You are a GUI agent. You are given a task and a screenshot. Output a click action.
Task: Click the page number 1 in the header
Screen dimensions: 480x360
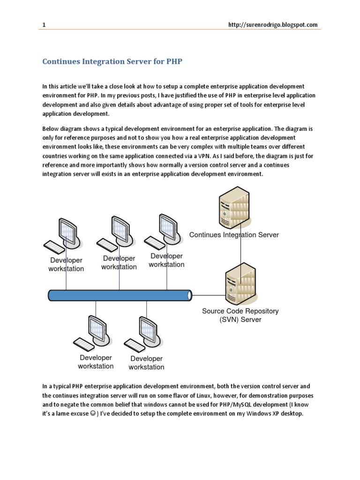click(44, 25)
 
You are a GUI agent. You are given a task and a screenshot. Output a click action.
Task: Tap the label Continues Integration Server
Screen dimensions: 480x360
click(234, 235)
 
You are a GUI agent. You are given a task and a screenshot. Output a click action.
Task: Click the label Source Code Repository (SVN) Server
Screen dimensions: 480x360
click(240, 315)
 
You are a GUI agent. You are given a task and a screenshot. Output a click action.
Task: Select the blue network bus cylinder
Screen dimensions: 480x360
click(120, 295)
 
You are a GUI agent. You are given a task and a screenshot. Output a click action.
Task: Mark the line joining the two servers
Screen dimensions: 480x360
click(241, 248)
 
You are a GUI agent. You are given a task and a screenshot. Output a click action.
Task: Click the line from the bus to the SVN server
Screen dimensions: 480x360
click(209, 295)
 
